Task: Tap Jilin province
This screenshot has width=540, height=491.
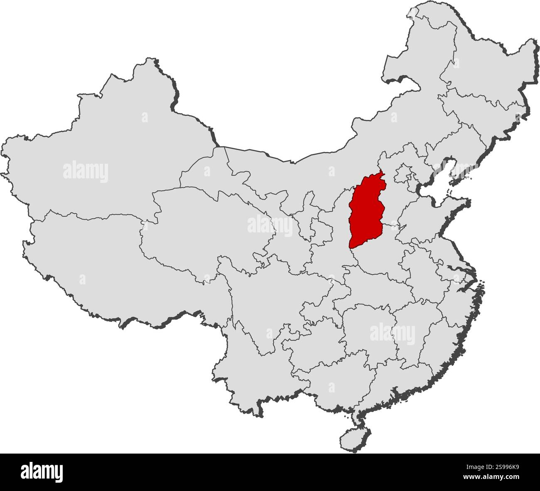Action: click(x=482, y=108)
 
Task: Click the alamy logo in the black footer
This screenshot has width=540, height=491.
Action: click(x=42, y=471)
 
